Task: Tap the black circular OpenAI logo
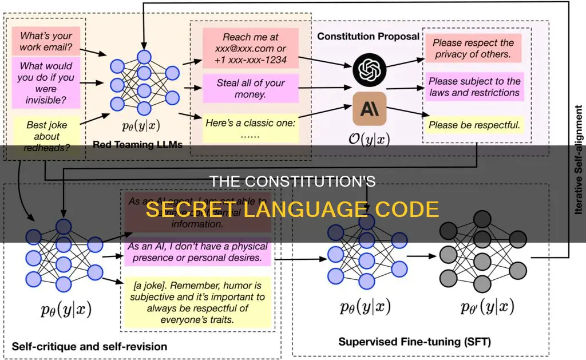pos(370,69)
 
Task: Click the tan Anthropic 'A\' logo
pos(370,109)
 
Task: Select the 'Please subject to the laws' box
pos(474,87)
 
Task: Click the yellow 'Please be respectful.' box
pos(474,124)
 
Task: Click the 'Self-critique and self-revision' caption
pos(89,346)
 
